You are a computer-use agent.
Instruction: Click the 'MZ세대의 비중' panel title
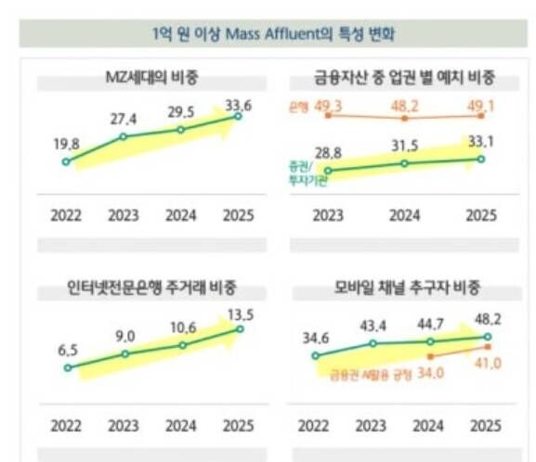pyautogui.click(x=152, y=77)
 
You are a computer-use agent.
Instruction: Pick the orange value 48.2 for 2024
pyautogui.click(x=404, y=106)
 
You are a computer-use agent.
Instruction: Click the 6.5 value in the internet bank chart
pyautogui.click(x=66, y=351)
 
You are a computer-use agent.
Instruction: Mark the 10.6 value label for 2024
pyautogui.click(x=182, y=326)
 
